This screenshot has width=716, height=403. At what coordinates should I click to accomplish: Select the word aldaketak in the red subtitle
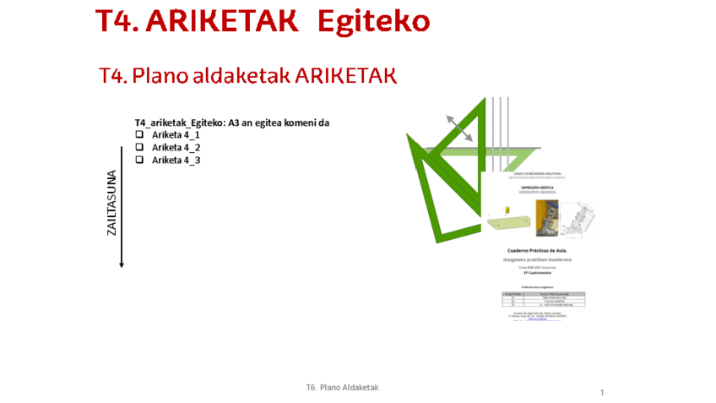click(x=240, y=75)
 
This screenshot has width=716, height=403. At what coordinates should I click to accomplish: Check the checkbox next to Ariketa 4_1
click(x=139, y=135)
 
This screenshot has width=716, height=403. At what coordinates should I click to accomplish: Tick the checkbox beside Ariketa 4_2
click(x=139, y=148)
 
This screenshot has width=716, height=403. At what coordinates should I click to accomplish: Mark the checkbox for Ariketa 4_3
click(x=139, y=160)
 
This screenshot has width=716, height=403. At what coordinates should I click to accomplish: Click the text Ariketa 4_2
click(x=176, y=148)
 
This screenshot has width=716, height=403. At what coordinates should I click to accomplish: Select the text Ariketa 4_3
click(x=176, y=160)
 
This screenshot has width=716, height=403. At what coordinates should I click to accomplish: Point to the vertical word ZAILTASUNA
click(x=111, y=203)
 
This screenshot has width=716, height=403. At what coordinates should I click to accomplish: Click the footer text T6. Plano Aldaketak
click(x=343, y=387)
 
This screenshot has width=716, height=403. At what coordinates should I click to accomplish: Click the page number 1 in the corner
click(x=603, y=393)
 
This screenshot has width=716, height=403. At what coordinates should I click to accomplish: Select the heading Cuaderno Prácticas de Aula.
click(x=540, y=252)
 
